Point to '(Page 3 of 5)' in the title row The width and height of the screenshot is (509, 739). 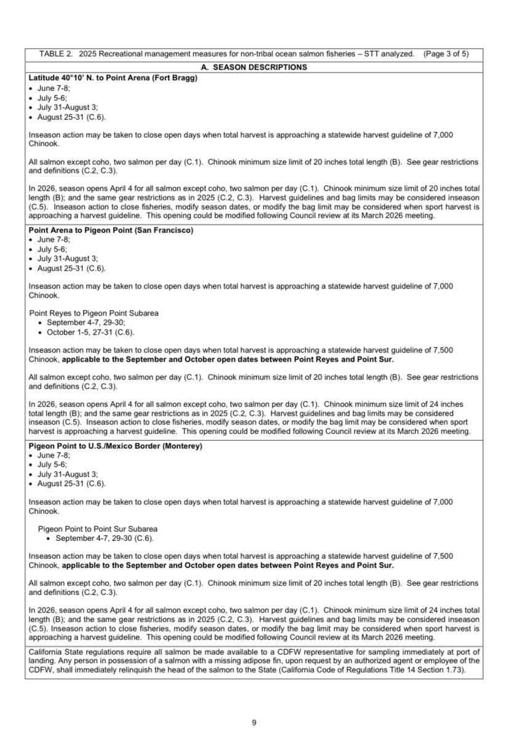[x=446, y=54]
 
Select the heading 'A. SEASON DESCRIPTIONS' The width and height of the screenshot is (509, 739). [x=254, y=67]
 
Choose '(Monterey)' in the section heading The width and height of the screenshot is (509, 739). [x=182, y=446]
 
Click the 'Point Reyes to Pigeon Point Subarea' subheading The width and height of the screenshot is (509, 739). [x=93, y=313]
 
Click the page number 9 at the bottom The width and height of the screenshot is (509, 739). [x=254, y=722]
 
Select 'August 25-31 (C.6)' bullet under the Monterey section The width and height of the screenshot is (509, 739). [x=71, y=484]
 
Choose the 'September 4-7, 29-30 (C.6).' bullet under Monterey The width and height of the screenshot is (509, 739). [x=104, y=539]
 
